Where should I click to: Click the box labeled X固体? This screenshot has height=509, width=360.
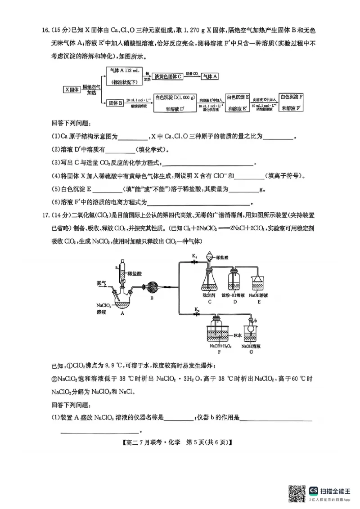(72, 89)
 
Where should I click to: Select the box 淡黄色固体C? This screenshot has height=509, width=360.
(167, 76)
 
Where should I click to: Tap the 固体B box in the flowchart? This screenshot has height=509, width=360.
(115, 103)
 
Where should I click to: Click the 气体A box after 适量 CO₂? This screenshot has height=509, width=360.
(210, 76)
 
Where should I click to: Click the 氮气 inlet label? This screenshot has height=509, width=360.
(102, 283)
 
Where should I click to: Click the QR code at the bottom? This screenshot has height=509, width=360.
(297, 493)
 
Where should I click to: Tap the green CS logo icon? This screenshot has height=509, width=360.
(314, 490)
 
